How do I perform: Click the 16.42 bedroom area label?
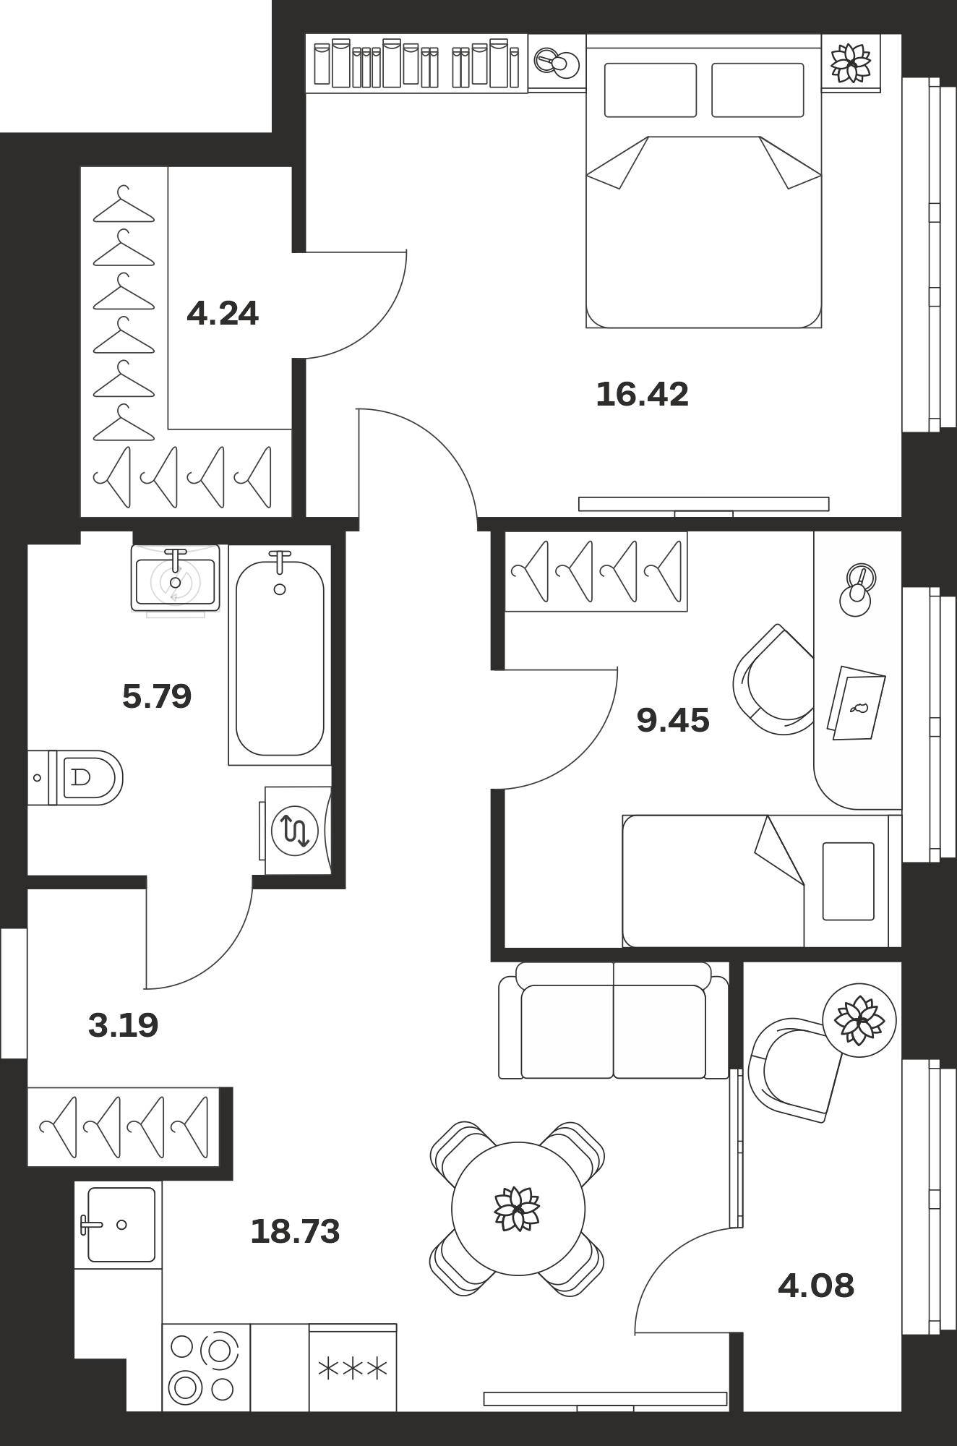pyautogui.click(x=642, y=395)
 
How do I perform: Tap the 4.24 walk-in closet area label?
pyautogui.click(x=223, y=314)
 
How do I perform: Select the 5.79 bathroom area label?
pyautogui.click(x=157, y=697)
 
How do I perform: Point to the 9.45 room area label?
pyautogui.click(x=673, y=721)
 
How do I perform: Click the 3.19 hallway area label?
pyautogui.click(x=123, y=1025)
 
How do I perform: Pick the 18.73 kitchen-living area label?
pyautogui.click(x=295, y=1231)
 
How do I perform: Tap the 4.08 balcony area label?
pyautogui.click(x=816, y=1286)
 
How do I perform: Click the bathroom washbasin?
pyautogui.click(x=175, y=578)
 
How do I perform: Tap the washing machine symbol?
pyautogui.click(x=295, y=831)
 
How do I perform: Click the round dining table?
pyautogui.click(x=518, y=1208)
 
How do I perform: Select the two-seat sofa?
pyautogui.click(x=614, y=1021)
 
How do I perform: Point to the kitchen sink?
pyautogui.click(x=119, y=1225)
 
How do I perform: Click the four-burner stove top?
pyautogui.click(x=206, y=1368)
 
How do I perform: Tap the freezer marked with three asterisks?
pyautogui.click(x=353, y=1368)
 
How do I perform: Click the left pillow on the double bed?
pyautogui.click(x=651, y=90)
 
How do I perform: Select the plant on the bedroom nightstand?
pyautogui.click(x=851, y=63)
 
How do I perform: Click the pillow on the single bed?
pyautogui.click(x=849, y=881)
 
